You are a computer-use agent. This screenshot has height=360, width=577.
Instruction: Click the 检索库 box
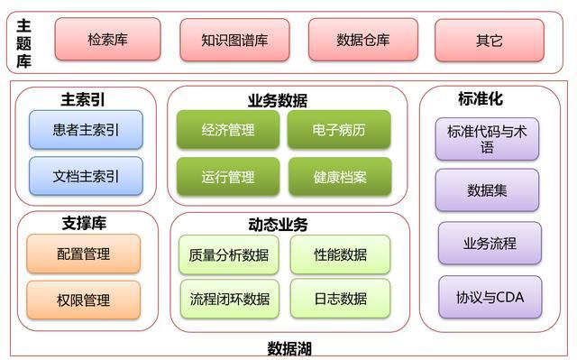click(107, 40)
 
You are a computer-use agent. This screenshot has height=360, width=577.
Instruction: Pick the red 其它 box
click(490, 40)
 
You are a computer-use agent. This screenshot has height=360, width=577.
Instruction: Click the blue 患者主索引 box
click(86, 130)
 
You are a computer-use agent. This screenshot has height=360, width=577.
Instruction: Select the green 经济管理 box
click(228, 130)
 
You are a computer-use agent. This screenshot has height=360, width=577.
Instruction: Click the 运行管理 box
click(228, 177)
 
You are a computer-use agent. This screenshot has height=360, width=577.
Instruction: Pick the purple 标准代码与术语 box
click(487, 139)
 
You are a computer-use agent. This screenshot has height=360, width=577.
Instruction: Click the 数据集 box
click(487, 190)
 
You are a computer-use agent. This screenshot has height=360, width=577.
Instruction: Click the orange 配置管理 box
click(84, 254)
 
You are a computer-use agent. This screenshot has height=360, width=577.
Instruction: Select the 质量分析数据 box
click(228, 254)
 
